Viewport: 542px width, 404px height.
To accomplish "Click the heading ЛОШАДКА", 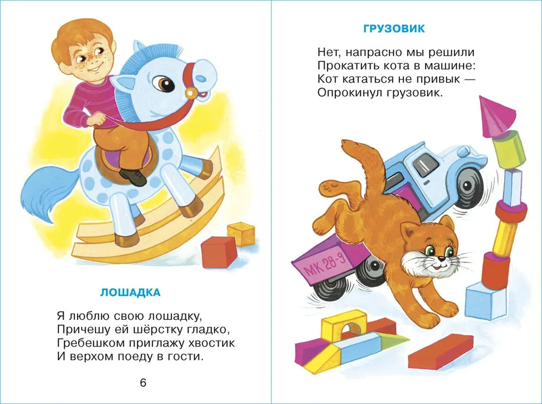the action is pos(130,293).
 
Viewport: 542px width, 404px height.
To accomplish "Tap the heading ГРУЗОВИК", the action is pos(393,29).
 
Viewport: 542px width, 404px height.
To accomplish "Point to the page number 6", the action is pos(143,383).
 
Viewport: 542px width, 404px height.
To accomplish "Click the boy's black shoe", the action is pos(133,176).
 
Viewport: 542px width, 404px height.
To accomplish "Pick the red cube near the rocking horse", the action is pos(220,252).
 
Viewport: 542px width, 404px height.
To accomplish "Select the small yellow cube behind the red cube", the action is pos(242,234).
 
